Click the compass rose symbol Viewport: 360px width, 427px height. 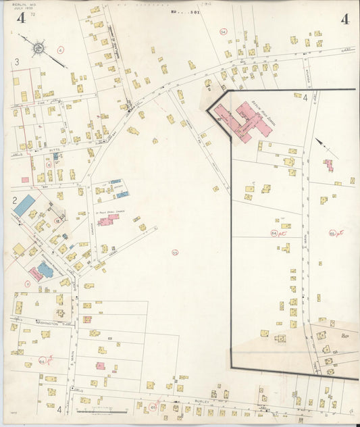(x=39, y=48)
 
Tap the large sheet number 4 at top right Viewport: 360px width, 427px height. (x=345, y=18)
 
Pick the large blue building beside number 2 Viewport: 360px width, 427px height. (x=24, y=205)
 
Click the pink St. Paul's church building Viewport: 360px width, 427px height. (x=107, y=219)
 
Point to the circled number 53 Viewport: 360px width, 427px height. (x=175, y=253)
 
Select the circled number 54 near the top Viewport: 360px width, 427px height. (x=223, y=31)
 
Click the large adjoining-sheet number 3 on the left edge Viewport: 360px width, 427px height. (x=16, y=62)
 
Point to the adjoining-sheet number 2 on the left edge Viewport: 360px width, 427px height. (x=14, y=200)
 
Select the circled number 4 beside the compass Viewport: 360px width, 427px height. (x=60, y=49)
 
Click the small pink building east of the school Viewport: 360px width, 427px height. (x=329, y=164)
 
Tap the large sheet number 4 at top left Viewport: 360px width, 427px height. (x=22, y=18)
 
